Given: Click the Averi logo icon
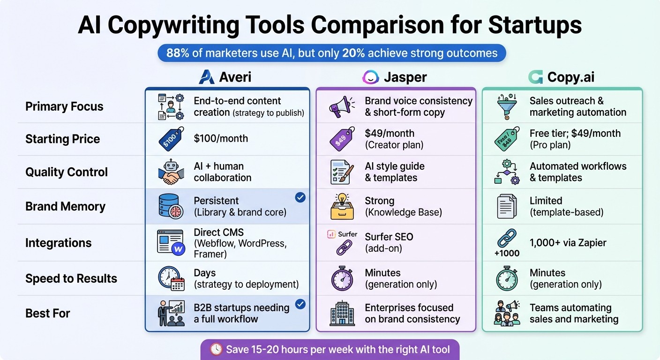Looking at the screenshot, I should coord(207,77).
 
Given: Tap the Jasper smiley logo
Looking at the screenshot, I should coord(370,77).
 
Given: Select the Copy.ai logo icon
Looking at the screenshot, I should coord(535,77).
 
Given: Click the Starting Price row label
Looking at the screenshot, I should coord(62,139).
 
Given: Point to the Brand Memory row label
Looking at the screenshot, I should coord(65,206).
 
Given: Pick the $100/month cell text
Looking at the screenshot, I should coord(221,138).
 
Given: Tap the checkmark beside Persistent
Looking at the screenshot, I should coord(300,198).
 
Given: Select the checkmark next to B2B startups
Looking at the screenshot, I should coord(300,305).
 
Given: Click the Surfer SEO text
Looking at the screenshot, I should coord(389,237).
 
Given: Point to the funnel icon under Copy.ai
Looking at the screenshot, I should coord(507,106).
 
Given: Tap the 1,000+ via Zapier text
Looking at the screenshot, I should coord(568,242).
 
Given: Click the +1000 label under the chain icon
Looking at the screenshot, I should coord(507,253).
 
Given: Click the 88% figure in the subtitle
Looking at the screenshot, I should coord(177,53).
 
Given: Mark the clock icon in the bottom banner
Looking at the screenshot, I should coord(216,349).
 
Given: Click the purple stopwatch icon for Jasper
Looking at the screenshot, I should coord(342,278).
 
